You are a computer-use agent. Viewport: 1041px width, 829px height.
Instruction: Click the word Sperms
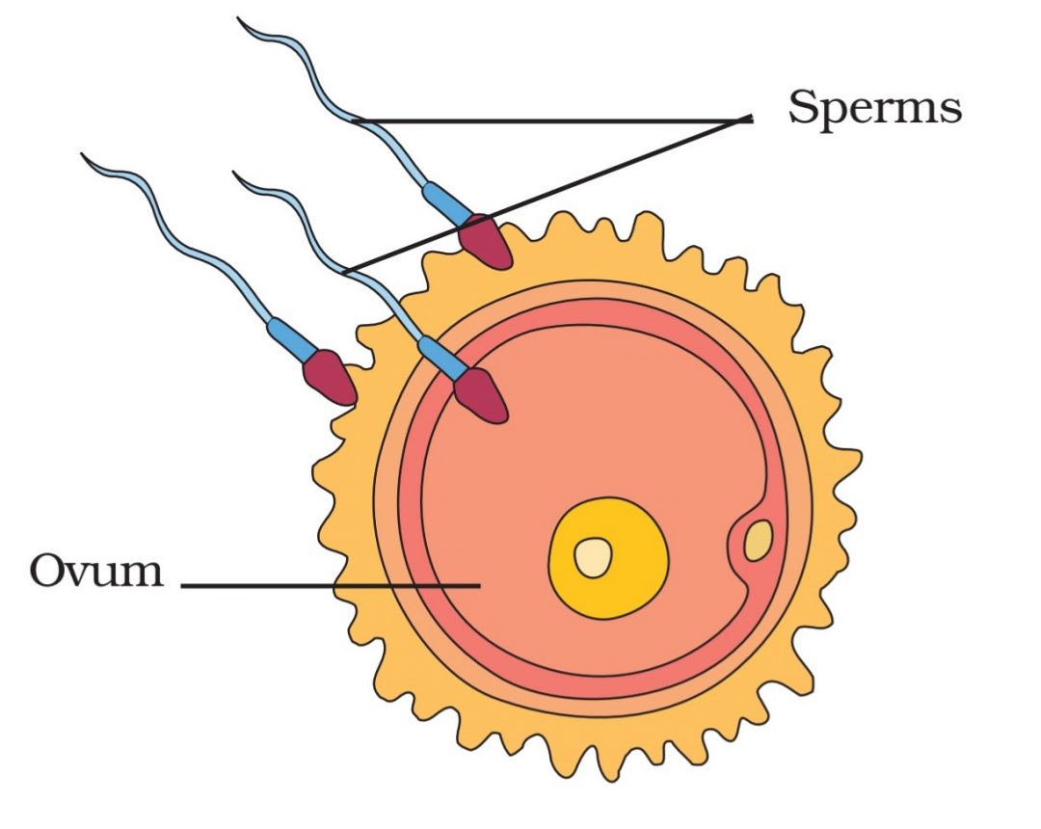pos(874,107)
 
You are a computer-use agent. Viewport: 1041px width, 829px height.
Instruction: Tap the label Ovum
pos(95,571)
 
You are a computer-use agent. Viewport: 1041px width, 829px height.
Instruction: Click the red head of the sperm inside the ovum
pos(481,396)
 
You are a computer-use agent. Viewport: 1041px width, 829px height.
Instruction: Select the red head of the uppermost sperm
pos(484,242)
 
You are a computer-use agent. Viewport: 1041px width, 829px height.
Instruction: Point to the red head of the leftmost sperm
pos(331,377)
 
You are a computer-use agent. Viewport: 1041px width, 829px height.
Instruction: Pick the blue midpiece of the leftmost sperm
pos(292,336)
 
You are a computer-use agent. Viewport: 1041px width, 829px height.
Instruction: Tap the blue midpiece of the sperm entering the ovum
pos(442,356)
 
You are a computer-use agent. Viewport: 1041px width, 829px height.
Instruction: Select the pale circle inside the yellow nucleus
pos(593,557)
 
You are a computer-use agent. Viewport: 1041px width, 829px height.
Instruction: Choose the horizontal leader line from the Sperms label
pos(549,121)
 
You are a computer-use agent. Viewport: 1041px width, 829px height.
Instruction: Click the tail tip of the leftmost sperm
pos(84,155)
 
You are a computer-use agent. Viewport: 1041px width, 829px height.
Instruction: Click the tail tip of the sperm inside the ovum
pos(235,174)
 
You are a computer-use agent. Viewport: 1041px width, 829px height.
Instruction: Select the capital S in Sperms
pos(804,106)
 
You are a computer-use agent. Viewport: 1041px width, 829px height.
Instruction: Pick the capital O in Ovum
pos(47,571)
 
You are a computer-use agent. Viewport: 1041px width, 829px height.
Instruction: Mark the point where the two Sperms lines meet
pos(749,119)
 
